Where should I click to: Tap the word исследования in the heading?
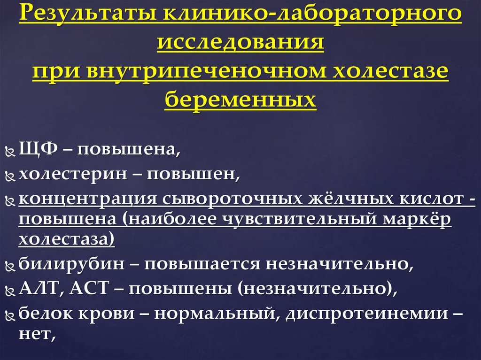240,42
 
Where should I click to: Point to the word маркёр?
417,219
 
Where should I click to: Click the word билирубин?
72,264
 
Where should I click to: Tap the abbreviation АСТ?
89,288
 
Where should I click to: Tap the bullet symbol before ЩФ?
10,152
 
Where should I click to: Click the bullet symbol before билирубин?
10,266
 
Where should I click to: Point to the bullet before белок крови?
10,315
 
